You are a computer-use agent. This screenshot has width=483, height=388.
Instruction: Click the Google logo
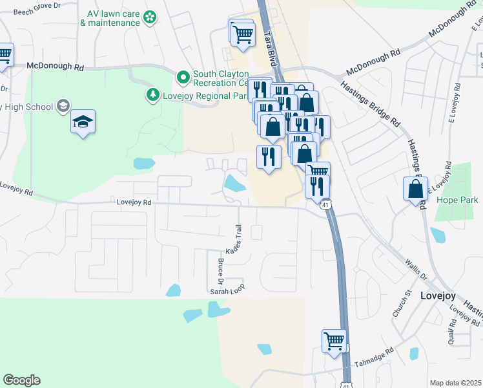[x=21, y=380]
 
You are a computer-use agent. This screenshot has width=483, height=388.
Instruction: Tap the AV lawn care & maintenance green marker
[x=150, y=17]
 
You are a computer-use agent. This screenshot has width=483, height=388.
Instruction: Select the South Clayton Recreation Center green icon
[x=183, y=78]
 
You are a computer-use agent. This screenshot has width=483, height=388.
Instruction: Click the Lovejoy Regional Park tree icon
[x=153, y=96]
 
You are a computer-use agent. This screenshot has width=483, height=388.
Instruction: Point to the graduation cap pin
[x=83, y=122]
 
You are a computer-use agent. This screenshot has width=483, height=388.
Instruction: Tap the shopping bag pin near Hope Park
[x=415, y=189]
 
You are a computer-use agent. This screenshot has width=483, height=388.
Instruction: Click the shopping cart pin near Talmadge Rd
[x=334, y=340]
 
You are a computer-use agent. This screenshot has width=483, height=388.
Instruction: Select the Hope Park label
[x=457, y=200]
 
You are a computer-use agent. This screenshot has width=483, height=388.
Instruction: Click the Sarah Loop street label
[x=227, y=292]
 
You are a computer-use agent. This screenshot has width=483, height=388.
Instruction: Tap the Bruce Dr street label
[x=221, y=272]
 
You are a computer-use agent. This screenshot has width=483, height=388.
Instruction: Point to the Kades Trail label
[x=234, y=239]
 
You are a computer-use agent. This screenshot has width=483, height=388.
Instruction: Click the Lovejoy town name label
[x=438, y=296]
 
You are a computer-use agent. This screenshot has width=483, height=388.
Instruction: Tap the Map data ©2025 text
[x=455, y=383]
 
